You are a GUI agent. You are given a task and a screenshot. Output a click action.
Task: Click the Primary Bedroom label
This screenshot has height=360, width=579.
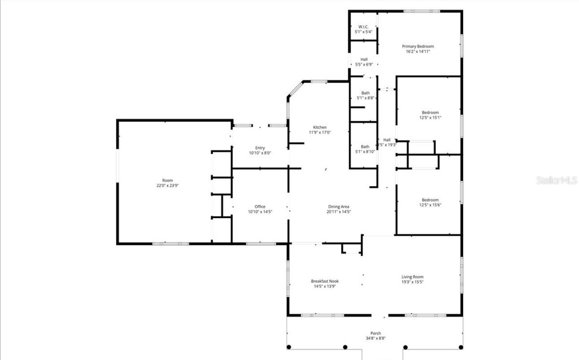(x=417, y=46)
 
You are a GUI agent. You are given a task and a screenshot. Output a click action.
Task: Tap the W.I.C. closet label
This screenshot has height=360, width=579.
(x=364, y=26)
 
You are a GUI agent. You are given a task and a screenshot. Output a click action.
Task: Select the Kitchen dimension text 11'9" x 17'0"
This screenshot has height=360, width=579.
(x=320, y=132)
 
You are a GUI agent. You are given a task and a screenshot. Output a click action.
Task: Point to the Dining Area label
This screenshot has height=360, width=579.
(x=338, y=206)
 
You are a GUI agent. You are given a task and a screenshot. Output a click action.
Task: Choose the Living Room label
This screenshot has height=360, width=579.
(x=412, y=277)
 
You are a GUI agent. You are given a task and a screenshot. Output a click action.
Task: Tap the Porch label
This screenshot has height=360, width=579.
(x=376, y=333)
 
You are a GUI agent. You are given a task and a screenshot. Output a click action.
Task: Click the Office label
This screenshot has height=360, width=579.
(x=260, y=206)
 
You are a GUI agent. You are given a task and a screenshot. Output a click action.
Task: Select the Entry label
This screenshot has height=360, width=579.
(x=260, y=148)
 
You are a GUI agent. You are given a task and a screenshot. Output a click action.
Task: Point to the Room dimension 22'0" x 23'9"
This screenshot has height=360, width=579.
(x=167, y=185)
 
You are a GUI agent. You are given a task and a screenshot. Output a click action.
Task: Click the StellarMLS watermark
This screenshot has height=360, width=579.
(x=556, y=180)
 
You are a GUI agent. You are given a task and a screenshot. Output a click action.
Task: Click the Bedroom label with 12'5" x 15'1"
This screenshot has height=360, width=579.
(x=430, y=112)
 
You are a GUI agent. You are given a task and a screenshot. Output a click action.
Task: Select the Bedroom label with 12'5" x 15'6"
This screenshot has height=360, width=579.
(x=430, y=200)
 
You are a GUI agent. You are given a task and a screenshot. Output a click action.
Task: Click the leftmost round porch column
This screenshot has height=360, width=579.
(x=289, y=347)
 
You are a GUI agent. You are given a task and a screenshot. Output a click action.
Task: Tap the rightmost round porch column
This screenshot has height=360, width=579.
(x=461, y=347)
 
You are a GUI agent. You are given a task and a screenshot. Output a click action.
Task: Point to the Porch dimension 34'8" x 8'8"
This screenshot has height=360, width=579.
(x=376, y=338)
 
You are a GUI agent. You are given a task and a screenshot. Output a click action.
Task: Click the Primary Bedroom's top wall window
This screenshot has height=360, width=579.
(x=421, y=11)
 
